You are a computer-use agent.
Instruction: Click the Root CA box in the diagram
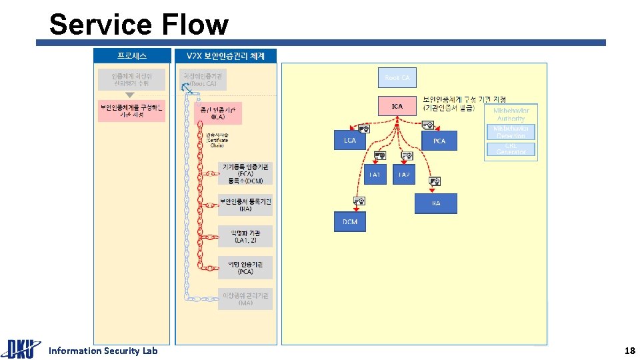397,78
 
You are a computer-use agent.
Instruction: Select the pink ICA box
397,106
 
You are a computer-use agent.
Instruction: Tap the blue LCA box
350,141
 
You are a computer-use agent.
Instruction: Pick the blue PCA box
439,141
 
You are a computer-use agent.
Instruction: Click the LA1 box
375,174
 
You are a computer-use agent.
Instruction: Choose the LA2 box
403,174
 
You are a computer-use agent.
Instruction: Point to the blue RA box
436,203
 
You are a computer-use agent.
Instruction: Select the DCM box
350,222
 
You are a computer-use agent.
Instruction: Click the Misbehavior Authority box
511,114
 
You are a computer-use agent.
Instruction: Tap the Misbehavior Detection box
511,132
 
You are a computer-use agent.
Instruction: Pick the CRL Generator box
511,149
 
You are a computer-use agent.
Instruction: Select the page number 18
629,351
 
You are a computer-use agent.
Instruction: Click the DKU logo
20,349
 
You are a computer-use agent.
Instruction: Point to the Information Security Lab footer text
103,351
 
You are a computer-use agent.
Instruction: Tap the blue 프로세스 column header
132,56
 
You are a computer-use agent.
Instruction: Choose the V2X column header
225,56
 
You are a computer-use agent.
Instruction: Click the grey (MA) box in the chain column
245,299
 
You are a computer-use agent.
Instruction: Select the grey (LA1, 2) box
245,236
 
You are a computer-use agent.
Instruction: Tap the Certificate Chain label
217,141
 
